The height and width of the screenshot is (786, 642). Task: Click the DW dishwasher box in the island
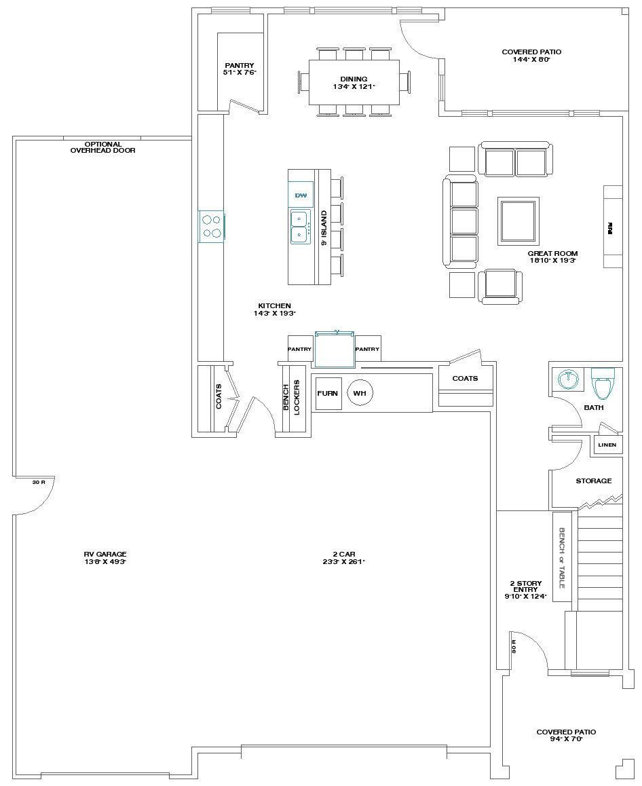pyautogui.click(x=301, y=195)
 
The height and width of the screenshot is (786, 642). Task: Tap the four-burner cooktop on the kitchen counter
pyautogui.click(x=212, y=227)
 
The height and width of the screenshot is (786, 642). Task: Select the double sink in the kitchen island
pyautogui.click(x=299, y=226)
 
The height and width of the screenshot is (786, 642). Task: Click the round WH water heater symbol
pyautogui.click(x=360, y=393)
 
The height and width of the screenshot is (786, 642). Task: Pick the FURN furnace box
pyautogui.click(x=328, y=394)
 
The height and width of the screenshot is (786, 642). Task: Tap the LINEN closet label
pyautogui.click(x=607, y=445)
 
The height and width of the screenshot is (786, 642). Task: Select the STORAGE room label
pyautogui.click(x=594, y=481)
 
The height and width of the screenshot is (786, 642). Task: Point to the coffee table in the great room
pyautogui.click(x=518, y=221)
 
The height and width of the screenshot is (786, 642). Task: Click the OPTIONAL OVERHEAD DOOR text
pyautogui.click(x=103, y=147)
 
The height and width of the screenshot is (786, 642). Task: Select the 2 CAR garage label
pyautogui.click(x=345, y=558)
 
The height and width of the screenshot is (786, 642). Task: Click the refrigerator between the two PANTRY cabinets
pyautogui.click(x=335, y=349)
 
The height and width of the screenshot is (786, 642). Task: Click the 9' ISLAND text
pyautogui.click(x=324, y=227)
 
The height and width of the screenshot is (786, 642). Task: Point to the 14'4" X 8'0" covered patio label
pyautogui.click(x=531, y=56)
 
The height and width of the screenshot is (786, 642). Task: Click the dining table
pyautogui.click(x=354, y=82)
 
